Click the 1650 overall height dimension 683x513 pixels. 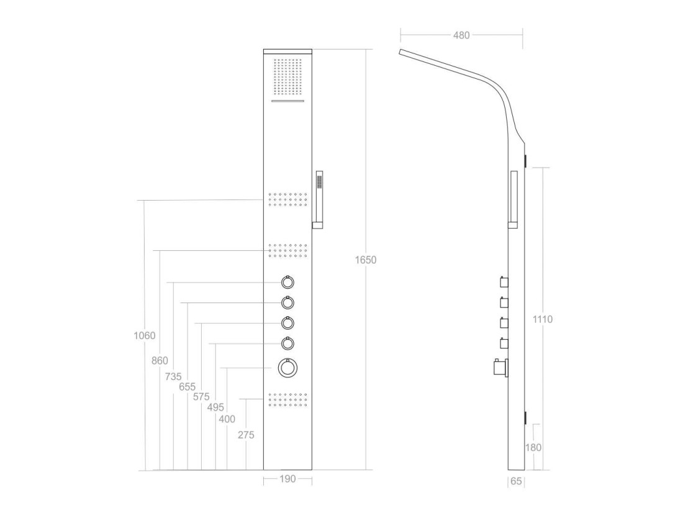point(366,260)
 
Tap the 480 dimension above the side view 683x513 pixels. point(461,35)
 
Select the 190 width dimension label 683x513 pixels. point(287,479)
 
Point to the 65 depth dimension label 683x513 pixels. point(516,481)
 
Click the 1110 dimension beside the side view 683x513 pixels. point(542,319)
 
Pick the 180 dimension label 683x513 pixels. point(533,448)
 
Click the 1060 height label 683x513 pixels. point(144,335)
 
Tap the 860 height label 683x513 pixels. point(160,360)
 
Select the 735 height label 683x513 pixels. point(173,376)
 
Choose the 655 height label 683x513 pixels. point(188,386)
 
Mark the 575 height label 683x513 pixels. point(201,397)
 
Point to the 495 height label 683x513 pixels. point(215,407)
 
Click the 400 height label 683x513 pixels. point(227,419)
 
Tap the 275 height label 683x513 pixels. point(246,435)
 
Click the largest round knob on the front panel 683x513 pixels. point(287,368)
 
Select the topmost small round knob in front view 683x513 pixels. point(287,283)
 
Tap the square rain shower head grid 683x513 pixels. point(287,77)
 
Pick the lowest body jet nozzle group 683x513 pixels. point(288,400)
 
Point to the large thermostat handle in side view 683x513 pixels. point(500,368)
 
